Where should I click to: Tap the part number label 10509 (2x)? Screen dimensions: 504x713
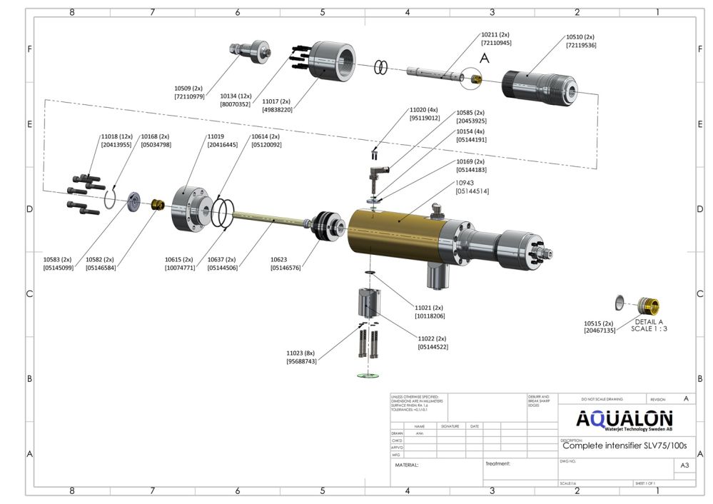(189, 88)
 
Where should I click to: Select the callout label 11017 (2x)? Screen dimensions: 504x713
(277, 101)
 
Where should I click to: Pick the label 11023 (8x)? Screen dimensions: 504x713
(300, 353)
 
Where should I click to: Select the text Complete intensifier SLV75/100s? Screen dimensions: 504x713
(624, 445)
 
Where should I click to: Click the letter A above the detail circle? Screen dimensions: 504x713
(485, 60)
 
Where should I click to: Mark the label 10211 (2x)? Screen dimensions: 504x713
(495, 34)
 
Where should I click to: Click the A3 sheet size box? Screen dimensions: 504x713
(684, 465)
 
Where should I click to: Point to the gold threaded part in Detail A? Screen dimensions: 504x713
(647, 305)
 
